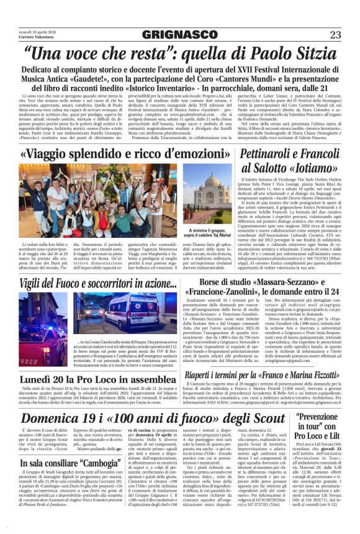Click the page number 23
click(335, 34)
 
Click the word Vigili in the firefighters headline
click(33, 284)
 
